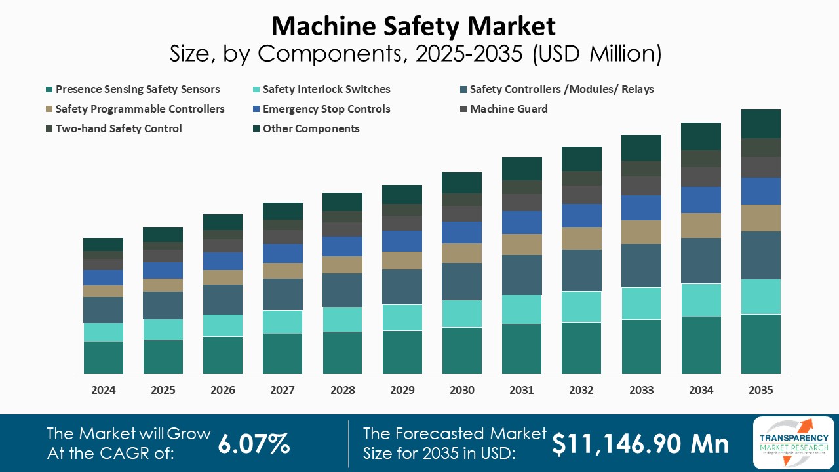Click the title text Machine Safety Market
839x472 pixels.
coord(414,26)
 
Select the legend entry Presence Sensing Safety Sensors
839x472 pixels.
coord(137,89)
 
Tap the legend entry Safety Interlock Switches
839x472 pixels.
coord(326,89)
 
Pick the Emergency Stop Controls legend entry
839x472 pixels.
coord(326,109)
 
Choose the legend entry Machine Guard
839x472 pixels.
coord(508,109)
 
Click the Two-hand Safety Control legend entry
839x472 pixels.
coord(118,128)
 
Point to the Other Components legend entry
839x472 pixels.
coord(311,128)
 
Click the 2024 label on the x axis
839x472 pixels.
coord(104,390)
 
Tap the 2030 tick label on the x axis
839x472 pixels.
coord(462,390)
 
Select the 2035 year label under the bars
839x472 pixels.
coord(761,390)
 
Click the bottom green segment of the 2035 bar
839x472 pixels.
coord(761,344)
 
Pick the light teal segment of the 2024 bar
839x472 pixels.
coord(104,332)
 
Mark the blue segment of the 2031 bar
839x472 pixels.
coord(522,222)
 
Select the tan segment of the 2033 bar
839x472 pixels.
coord(641,232)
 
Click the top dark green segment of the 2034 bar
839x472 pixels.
coord(701,136)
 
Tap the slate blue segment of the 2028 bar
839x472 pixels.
coord(343,290)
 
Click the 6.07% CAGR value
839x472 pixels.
coord(254,444)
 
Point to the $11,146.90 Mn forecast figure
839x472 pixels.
coord(640,444)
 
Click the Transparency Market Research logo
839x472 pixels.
coord(794,442)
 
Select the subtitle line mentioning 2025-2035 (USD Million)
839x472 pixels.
coord(414,54)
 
